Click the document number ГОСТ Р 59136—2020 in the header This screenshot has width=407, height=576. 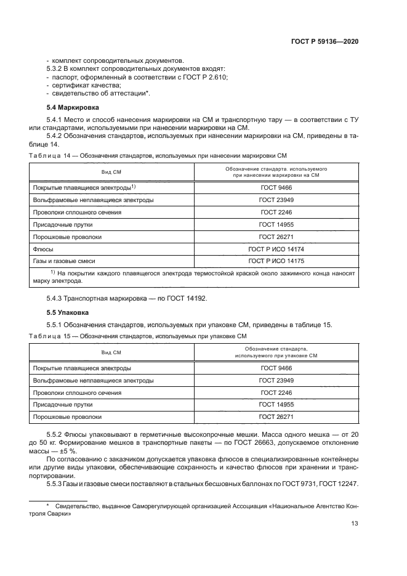[x=324, y=41]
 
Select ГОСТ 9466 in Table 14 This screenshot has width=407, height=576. [x=275, y=187]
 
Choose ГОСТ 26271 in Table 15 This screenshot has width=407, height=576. [x=275, y=417]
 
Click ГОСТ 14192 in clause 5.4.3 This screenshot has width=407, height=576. [x=188, y=299]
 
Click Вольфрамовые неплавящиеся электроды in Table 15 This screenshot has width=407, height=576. [x=93, y=380]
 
